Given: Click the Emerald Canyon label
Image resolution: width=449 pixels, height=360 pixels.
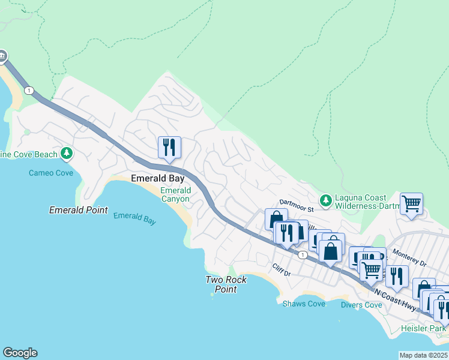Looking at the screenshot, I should [175, 194].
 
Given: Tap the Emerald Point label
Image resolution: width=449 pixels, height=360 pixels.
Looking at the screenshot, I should [79, 210].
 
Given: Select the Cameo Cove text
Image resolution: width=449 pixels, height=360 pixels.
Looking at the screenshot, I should [51, 173].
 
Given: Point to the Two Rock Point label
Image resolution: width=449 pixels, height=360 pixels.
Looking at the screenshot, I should [221, 284].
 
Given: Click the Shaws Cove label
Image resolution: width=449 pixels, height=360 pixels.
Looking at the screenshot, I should [304, 304].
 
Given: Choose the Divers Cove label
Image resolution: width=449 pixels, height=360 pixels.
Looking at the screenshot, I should [361, 305].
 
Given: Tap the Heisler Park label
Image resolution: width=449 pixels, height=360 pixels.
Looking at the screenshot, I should [424, 328].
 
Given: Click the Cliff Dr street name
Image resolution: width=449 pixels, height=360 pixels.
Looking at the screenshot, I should [281, 270].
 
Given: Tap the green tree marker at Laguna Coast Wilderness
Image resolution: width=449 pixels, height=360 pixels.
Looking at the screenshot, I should [326, 200].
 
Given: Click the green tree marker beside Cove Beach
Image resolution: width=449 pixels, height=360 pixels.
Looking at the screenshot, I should [67, 154].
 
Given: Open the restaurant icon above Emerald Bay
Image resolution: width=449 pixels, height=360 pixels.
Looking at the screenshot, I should [169, 147].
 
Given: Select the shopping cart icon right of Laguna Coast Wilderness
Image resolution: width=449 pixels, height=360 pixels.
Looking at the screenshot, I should [411, 203].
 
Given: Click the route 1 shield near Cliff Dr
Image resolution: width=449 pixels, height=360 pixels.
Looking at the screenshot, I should [304, 255].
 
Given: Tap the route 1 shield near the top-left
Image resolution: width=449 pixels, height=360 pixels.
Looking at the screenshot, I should [29, 90].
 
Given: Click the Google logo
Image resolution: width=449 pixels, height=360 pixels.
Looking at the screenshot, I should [20, 353].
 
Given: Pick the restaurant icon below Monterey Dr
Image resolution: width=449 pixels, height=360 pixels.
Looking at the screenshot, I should [396, 275].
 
